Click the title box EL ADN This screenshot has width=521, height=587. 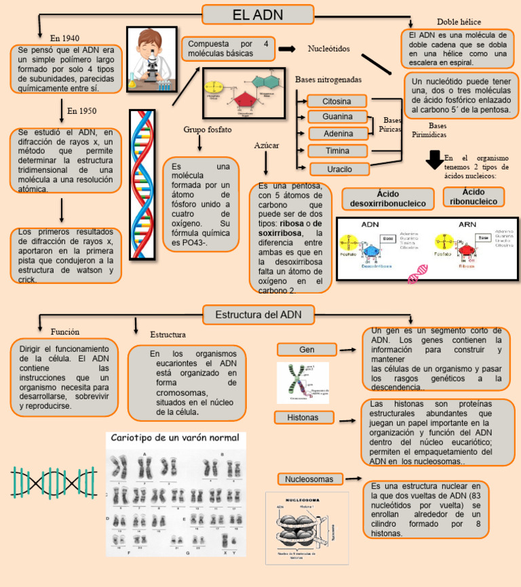[x=258, y=15]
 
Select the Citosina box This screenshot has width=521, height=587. [x=337, y=101]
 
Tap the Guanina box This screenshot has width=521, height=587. [x=337, y=117]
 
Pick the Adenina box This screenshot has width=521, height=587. [x=338, y=134]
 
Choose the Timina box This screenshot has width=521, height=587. [x=338, y=150]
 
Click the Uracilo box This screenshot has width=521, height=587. [x=340, y=169]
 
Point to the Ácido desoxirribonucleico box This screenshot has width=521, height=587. [x=387, y=199]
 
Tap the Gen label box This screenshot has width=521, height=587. [x=307, y=349]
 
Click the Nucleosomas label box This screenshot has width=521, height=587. [x=309, y=479]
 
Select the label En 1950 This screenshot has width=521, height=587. [x=81, y=110]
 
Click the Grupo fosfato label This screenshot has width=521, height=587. [x=208, y=129]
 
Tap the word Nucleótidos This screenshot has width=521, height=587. [x=329, y=49]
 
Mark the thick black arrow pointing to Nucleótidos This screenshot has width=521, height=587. [x=287, y=49]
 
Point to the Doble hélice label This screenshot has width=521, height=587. [x=459, y=22]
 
